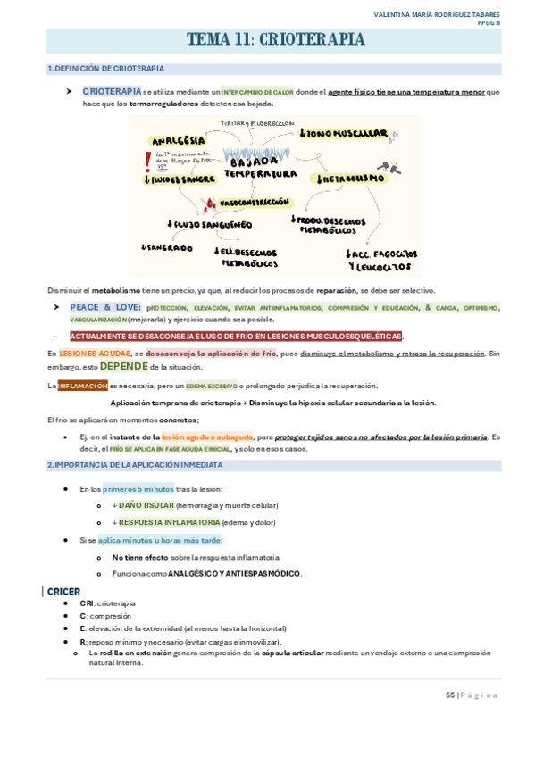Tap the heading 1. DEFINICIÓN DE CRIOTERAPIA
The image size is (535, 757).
click(x=105, y=69)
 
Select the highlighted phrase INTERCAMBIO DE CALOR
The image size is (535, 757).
click(x=257, y=92)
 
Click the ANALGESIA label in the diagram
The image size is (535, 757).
click(x=179, y=140)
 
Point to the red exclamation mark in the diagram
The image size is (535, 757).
click(x=147, y=161)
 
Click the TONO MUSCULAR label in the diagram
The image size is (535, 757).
click(x=345, y=134)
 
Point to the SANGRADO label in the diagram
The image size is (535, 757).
click(x=166, y=247)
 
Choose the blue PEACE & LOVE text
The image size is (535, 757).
click(x=105, y=307)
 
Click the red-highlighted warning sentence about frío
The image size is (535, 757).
click(x=236, y=336)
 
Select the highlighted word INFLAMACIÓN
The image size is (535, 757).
click(x=82, y=386)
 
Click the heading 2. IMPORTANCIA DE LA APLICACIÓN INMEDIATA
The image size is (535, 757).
click(x=135, y=465)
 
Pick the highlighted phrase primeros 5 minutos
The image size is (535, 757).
click(x=138, y=488)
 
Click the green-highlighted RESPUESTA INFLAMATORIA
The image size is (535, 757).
click(x=169, y=522)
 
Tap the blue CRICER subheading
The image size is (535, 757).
click(x=64, y=591)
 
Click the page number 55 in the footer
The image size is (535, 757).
click(x=450, y=695)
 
